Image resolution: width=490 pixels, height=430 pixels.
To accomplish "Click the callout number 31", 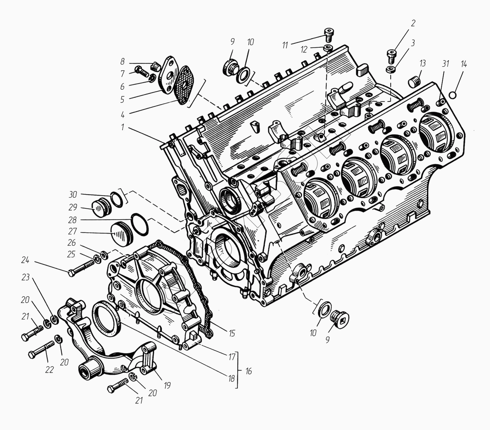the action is coord(445,64).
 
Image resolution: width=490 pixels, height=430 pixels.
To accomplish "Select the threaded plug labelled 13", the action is coord(414,82).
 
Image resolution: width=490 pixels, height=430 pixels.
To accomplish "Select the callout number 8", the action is coord(122,62).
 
